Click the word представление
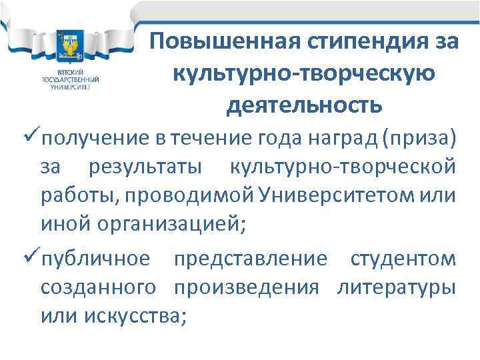coord(251,259)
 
